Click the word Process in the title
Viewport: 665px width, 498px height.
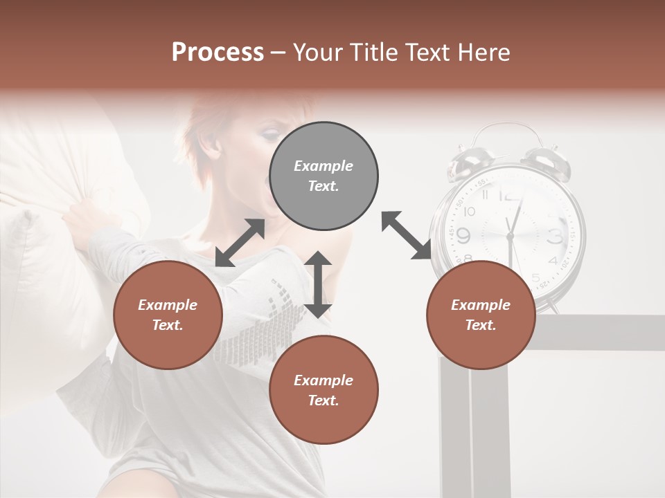coord(218,53)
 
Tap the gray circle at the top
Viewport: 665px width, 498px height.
coord(323,176)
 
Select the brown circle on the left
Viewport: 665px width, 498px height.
coord(168,315)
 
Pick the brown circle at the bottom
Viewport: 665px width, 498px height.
coord(323,390)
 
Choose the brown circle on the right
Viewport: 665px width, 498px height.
coord(481,315)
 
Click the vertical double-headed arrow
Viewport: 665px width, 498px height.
coord(318,284)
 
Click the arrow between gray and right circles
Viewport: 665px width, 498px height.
coord(407,235)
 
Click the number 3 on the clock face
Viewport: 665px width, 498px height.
coord(555,237)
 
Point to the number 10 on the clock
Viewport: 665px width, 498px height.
coord(470,212)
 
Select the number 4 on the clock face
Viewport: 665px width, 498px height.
coord(552,261)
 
